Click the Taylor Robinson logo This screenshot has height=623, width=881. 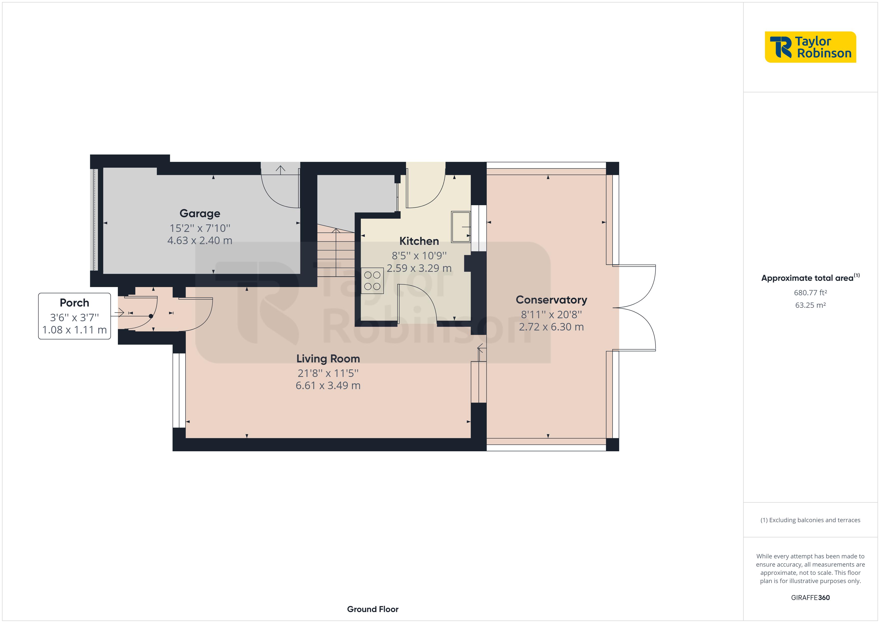(x=810, y=47)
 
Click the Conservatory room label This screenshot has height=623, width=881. (x=551, y=300)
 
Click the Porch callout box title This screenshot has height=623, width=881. (x=74, y=303)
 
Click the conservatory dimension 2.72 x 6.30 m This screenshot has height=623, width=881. (x=551, y=327)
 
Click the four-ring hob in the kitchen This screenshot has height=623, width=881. (x=372, y=281)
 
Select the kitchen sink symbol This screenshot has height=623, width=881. (x=460, y=227)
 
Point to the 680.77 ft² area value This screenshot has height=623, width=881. (x=810, y=293)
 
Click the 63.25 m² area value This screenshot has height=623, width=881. (x=810, y=305)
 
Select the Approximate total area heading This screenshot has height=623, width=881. (x=810, y=278)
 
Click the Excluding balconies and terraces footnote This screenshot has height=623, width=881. (x=810, y=520)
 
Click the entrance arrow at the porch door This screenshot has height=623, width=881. (x=119, y=313)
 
